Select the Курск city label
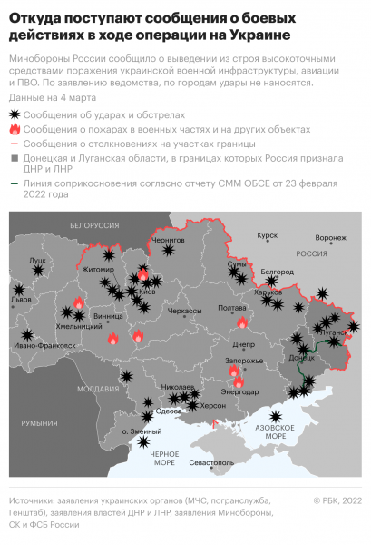tap(267, 234)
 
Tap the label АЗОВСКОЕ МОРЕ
tap(278, 431)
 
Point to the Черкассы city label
tap(184, 311)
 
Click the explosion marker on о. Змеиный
tap(144, 443)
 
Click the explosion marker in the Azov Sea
tap(289, 418)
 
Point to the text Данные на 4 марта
tap(49, 96)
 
